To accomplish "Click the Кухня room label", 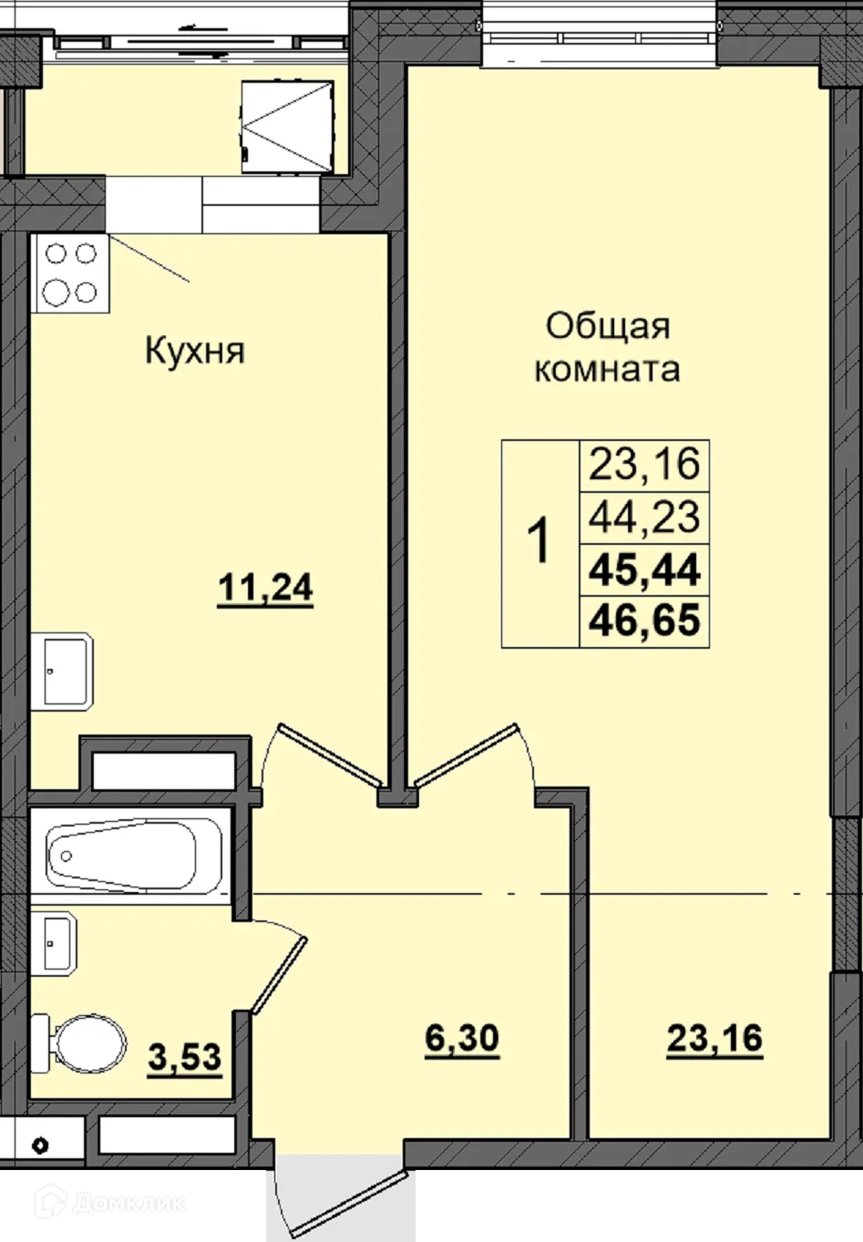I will tap(195, 351).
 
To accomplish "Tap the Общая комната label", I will tap(607, 347).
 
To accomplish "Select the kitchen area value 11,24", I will tap(265, 589).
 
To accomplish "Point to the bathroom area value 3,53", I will tap(185, 1058).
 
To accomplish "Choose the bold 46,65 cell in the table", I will tap(644, 621).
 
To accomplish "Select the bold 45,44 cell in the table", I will tap(644, 570).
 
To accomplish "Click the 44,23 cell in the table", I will tap(644, 518).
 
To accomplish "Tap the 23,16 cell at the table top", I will tap(644, 465).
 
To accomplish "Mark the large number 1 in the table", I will tap(539, 542).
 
